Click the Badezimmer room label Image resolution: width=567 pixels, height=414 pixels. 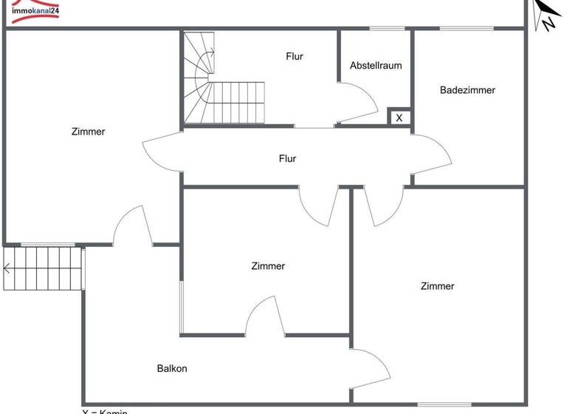pos(467,90)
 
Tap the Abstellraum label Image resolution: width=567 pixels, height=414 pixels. pos(376,65)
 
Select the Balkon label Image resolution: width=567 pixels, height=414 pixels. pos(172,368)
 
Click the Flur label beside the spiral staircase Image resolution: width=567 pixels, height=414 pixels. pos(295,56)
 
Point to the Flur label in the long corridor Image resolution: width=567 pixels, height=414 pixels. pos(288,158)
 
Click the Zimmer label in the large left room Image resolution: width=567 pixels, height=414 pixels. pos(89,132)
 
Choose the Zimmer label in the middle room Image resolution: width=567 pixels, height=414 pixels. pos(268,266)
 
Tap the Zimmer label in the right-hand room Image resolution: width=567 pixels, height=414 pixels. pos(438,286)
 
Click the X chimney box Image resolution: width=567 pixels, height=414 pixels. pos(399,117)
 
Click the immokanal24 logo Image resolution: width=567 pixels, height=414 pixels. pos(34,10)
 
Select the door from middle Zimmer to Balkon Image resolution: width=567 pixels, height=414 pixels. pos(264,316)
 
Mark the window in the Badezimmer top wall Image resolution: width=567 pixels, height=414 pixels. pos(467,29)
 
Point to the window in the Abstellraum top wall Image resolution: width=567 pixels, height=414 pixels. pos(388,29)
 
